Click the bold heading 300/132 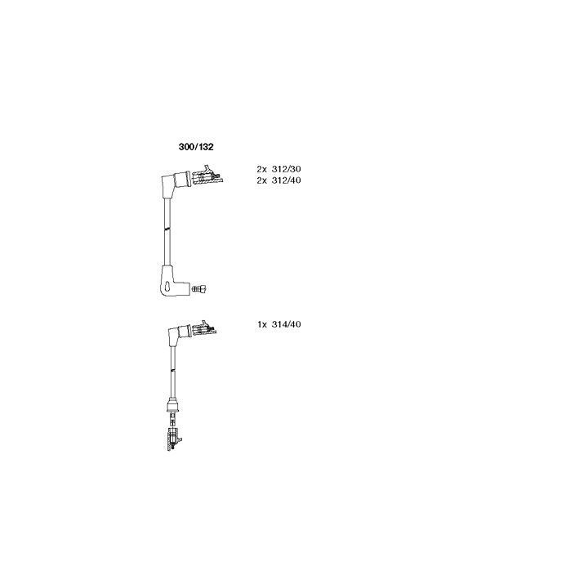pyautogui.click(x=196, y=147)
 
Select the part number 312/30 pyautogui.click(x=286, y=169)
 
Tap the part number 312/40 pyautogui.click(x=286, y=180)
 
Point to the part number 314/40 pyautogui.click(x=286, y=324)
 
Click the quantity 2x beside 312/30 pyautogui.click(x=262, y=169)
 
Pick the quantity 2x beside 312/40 pyautogui.click(x=262, y=180)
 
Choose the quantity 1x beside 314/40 pyautogui.click(x=262, y=324)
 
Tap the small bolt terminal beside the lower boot pyautogui.click(x=199, y=289)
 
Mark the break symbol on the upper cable pyautogui.click(x=167, y=229)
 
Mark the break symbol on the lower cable pyautogui.click(x=172, y=370)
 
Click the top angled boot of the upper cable pyautogui.click(x=176, y=184)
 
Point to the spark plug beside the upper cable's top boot pyautogui.click(x=207, y=175)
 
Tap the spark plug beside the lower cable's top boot pyautogui.click(x=204, y=328)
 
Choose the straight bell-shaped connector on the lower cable pyautogui.click(x=172, y=406)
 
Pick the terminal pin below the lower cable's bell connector pyautogui.click(x=173, y=420)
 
